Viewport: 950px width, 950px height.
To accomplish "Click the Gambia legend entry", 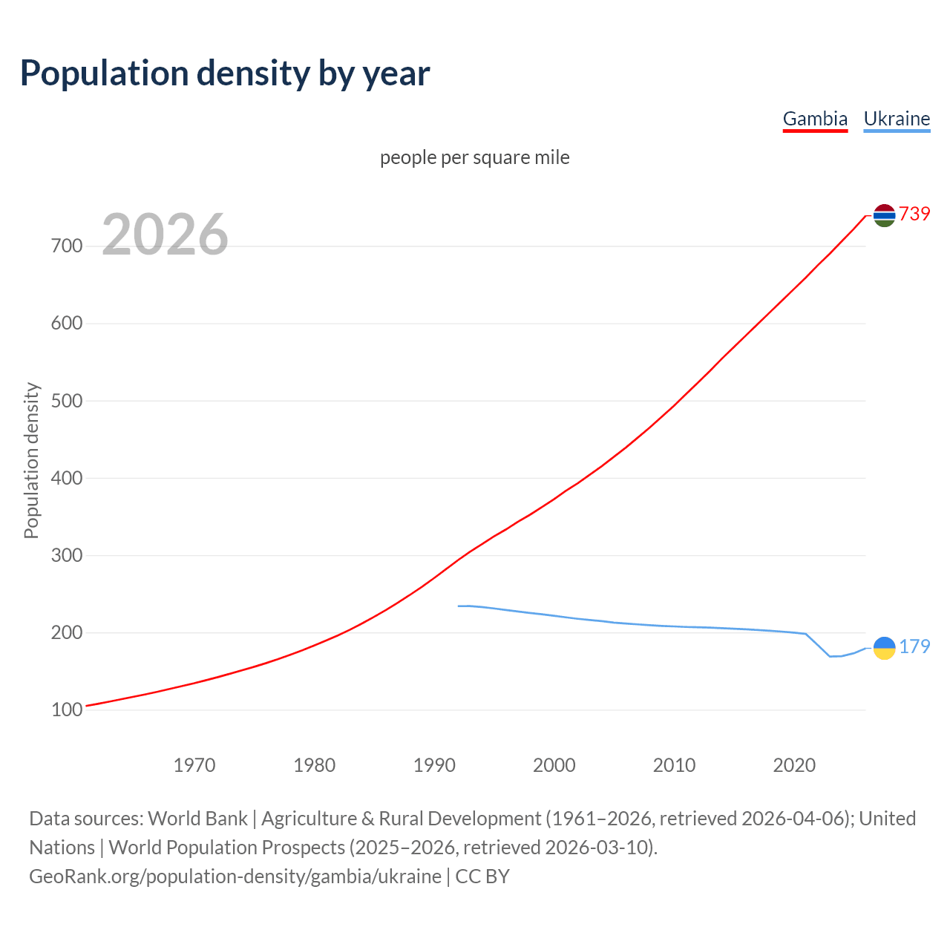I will point(815,119).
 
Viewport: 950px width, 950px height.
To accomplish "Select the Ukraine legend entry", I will point(897,119).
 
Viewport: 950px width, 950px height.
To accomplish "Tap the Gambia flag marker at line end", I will point(884,215).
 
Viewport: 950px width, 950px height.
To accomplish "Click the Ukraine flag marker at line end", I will point(884,648).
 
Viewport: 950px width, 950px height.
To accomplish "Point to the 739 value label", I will point(914,214).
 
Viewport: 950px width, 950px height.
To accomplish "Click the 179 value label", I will point(914,647).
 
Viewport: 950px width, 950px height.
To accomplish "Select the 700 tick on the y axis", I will point(67,246).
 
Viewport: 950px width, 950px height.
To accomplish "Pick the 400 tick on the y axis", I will point(67,478).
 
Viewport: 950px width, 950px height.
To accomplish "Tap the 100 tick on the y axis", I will point(67,710).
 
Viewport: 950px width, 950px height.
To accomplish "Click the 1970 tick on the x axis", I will point(194,765).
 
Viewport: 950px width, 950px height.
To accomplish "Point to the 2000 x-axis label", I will point(554,765).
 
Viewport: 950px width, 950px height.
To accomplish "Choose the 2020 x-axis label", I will point(794,765).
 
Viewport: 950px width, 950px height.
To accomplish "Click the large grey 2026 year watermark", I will point(165,235).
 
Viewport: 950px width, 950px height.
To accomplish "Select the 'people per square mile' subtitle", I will point(475,158).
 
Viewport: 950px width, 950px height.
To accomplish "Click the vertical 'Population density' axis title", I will point(31,460).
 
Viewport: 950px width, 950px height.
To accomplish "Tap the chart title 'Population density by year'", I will point(225,73).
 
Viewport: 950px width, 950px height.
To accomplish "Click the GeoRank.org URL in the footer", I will point(235,877).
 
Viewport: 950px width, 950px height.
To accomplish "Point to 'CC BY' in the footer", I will point(482,877).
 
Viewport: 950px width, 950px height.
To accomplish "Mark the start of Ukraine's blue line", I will point(459,606).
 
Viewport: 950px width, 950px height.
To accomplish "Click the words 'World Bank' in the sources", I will point(197,819).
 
